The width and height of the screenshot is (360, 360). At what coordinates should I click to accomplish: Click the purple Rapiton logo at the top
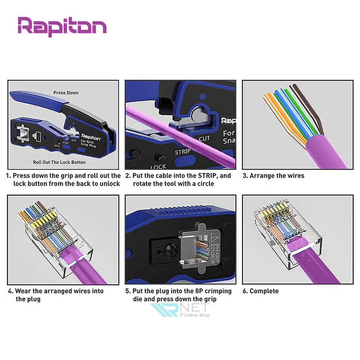62,26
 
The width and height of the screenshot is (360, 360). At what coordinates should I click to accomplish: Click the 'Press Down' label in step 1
66,93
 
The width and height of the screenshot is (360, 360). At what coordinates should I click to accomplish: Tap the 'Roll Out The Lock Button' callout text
59,162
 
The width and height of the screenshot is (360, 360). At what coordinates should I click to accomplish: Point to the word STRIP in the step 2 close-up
183,152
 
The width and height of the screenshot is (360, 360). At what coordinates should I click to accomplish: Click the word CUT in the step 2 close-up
204,139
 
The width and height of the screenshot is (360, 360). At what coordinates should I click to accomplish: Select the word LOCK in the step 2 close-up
158,167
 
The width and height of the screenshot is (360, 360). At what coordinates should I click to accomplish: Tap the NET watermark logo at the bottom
180,310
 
